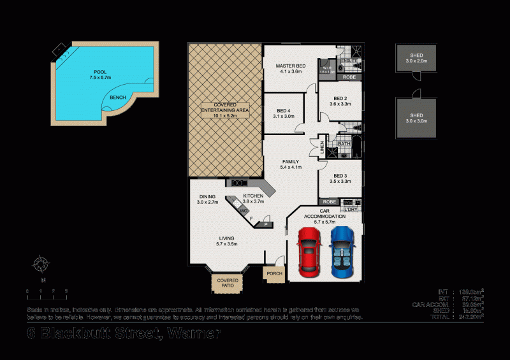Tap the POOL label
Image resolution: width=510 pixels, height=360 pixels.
click(x=101, y=72)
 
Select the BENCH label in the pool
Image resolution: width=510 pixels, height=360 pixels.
click(x=117, y=97)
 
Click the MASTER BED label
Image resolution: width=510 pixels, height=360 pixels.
click(x=291, y=66)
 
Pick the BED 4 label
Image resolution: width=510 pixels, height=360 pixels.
click(x=284, y=112)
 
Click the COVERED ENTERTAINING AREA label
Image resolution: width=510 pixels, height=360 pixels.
click(x=224, y=110)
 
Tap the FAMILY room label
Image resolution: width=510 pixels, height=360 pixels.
click(x=290, y=162)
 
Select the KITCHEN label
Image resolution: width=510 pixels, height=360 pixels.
click(x=253, y=196)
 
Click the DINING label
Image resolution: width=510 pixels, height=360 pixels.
click(x=207, y=197)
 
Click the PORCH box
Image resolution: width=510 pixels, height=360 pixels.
click(x=274, y=274)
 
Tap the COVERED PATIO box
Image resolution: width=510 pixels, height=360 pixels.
click(x=228, y=283)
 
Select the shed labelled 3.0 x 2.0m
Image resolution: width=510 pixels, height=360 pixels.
click(x=416, y=58)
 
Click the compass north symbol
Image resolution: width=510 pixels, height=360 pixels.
click(x=42, y=263)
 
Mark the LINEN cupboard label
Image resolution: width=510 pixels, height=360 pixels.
click(x=323, y=148)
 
